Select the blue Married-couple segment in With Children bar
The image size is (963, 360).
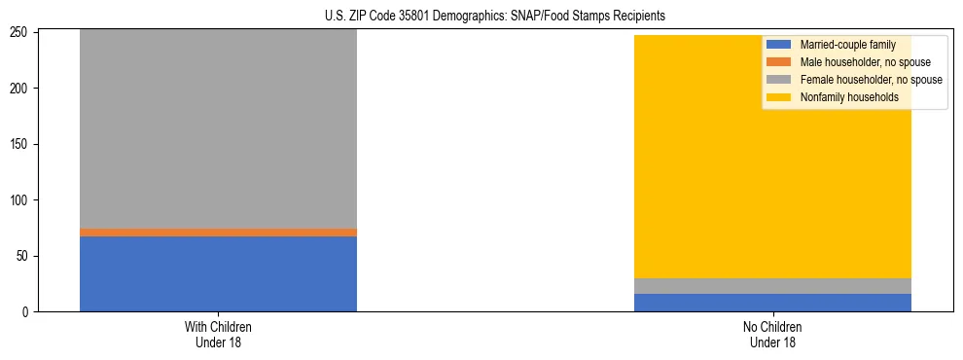pyautogui.click(x=218, y=273)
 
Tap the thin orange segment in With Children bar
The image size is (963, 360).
pyautogui.click(x=218, y=233)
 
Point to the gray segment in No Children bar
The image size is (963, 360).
pyautogui.click(x=772, y=286)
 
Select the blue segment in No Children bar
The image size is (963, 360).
pyautogui.click(x=772, y=303)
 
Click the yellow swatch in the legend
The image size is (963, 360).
pyautogui.click(x=779, y=97)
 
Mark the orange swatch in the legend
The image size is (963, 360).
pyautogui.click(x=779, y=62)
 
